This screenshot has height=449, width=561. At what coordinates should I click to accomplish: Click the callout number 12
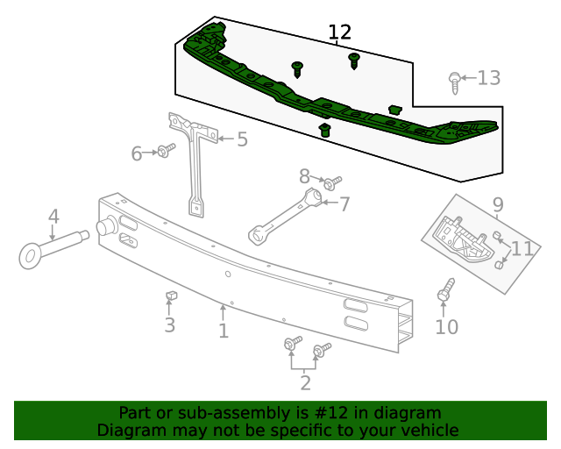pos(339,33)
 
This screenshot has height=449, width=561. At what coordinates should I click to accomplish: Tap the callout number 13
pos(488,78)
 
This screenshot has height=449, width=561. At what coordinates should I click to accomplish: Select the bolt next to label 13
pos(453,83)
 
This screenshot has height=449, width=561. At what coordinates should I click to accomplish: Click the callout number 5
pos(242,139)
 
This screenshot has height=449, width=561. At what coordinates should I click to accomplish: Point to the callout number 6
pos(137,154)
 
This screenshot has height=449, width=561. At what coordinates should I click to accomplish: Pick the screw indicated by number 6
pos(164,152)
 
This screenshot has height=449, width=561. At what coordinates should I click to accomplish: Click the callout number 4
pos(53,217)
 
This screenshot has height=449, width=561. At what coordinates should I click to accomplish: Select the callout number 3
pos(169,325)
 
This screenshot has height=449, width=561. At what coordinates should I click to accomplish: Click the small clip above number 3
pos(172,296)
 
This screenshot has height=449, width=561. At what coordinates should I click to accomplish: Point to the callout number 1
pos(224,331)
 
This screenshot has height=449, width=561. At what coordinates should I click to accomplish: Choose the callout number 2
pos(305,382)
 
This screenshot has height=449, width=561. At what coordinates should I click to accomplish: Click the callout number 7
pos(344,204)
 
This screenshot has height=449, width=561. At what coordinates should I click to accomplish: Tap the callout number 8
pos(304,175)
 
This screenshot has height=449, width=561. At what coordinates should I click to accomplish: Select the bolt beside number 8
pos(331,183)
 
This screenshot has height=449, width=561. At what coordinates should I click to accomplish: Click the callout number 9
pos(498,205)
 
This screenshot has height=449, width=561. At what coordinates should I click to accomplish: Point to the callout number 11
pos(522,248)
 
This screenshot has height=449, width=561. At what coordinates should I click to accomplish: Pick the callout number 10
pos(446,327)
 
